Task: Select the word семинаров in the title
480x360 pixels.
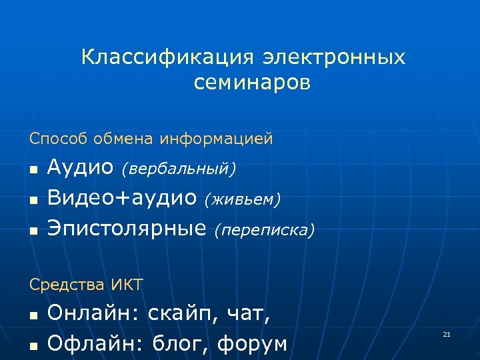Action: point(253,83)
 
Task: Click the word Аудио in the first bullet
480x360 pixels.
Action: point(81,168)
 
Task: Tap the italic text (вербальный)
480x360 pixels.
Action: point(178,169)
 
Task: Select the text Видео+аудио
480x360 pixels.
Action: point(122,198)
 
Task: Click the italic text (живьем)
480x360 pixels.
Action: point(243,199)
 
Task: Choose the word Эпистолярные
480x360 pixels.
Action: point(127,229)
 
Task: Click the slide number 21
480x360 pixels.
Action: point(447,333)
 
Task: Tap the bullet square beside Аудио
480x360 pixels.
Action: point(33,171)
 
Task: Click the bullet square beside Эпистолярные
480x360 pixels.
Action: point(33,231)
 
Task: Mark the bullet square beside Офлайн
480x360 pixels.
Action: point(33,346)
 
